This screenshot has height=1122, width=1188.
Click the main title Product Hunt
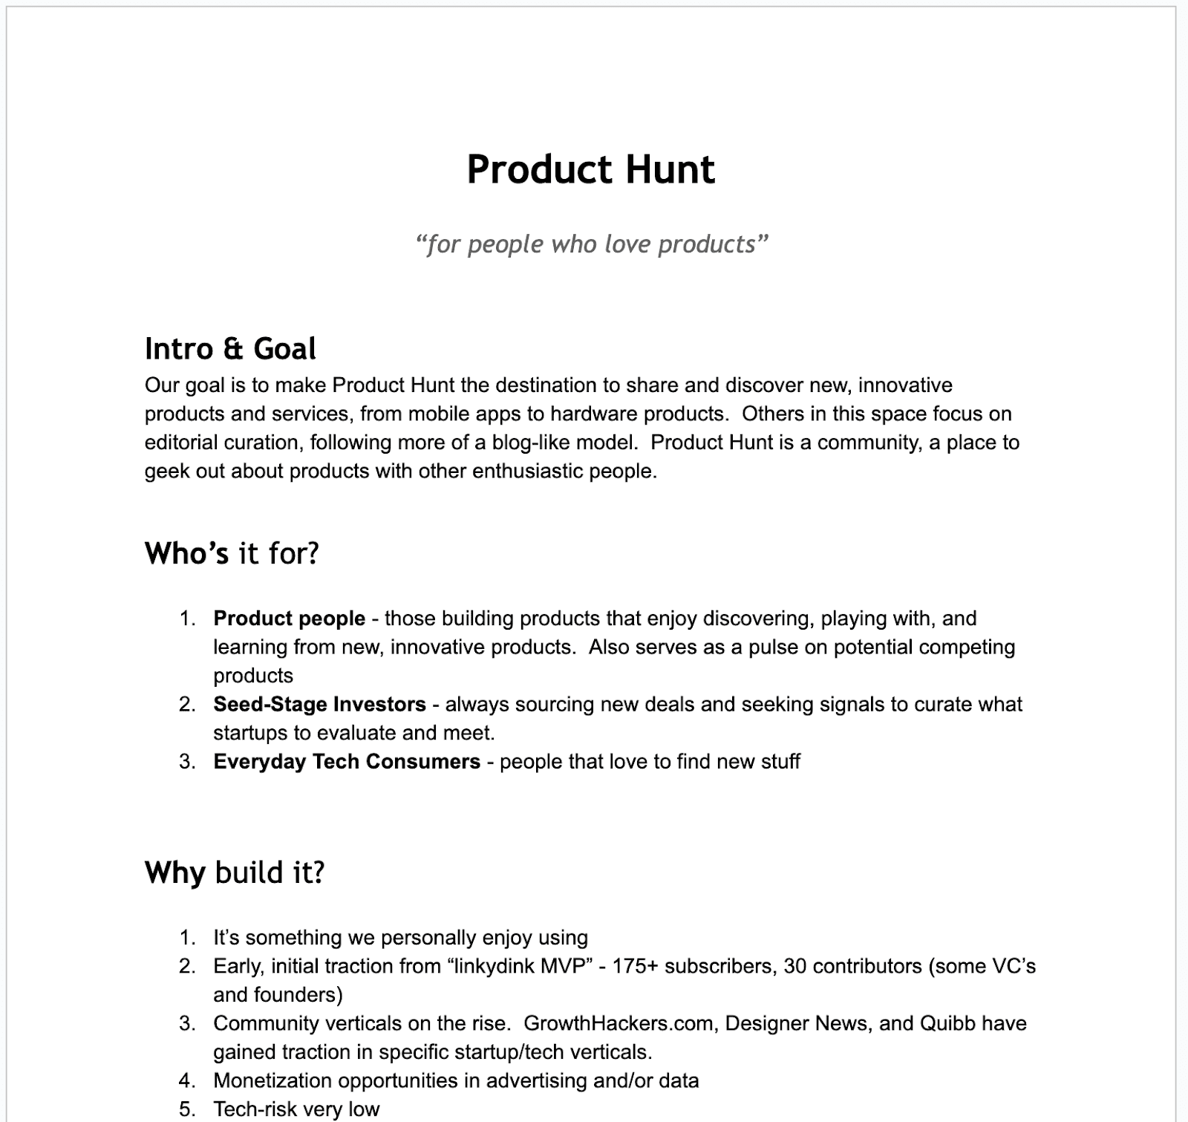click(591, 169)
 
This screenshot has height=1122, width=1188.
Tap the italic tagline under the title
click(591, 244)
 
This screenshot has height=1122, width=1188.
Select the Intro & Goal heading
click(230, 348)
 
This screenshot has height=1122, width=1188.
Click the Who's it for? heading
click(232, 553)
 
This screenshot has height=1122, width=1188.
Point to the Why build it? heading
click(235, 873)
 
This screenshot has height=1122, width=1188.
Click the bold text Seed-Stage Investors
click(319, 704)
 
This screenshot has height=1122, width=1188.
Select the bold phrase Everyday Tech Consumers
click(347, 761)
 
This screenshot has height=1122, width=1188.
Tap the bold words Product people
click(289, 619)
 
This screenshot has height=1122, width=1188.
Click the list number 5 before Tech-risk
click(187, 1109)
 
